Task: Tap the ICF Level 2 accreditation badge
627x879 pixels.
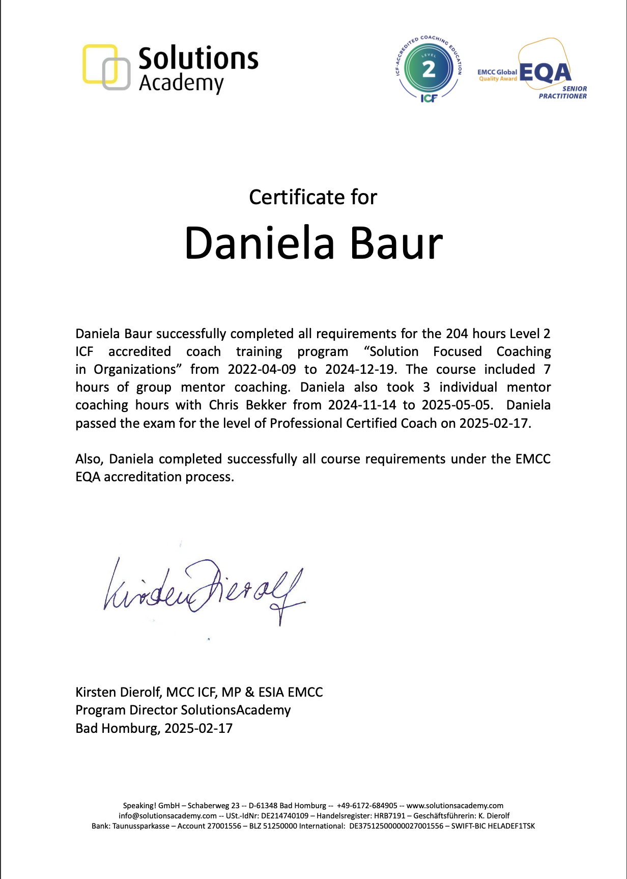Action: (429, 69)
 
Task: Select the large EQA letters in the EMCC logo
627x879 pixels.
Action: (545, 72)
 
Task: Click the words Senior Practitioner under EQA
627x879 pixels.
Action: (563, 92)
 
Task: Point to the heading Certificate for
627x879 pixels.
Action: (313, 198)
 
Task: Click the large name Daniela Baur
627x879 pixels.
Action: (313, 243)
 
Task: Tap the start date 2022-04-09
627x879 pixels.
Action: (262, 369)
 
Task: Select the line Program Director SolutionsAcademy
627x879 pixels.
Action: (183, 710)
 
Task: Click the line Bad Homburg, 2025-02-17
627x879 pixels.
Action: (154, 728)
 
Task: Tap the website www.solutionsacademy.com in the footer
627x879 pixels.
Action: (454, 806)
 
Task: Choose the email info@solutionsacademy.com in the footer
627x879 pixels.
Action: (167, 816)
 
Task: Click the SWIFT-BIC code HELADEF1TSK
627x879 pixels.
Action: (511, 826)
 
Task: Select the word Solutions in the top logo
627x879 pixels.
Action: (198, 58)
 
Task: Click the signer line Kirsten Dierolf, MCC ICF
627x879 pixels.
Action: (199, 692)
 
